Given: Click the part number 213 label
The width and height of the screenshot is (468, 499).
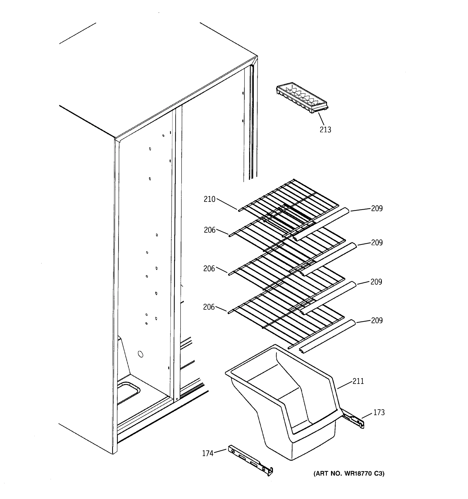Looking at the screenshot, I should (325, 130).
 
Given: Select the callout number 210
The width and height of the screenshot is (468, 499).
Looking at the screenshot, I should (209, 199).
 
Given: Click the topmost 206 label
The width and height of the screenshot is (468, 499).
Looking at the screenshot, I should (209, 230).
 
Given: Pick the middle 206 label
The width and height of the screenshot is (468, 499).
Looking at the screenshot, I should (209, 269).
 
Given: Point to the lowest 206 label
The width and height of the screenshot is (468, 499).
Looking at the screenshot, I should (209, 307).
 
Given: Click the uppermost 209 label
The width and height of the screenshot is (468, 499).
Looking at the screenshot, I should (377, 208).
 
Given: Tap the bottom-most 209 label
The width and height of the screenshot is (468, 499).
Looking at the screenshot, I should (377, 321).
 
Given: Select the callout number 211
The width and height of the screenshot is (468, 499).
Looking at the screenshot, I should (358, 381).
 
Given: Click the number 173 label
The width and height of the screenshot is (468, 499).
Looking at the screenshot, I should (379, 413).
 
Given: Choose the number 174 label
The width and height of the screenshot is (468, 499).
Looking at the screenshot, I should (208, 453).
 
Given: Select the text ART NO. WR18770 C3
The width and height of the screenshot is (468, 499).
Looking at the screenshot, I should (349, 473).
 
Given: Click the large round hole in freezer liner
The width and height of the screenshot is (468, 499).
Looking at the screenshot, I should (141, 354).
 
